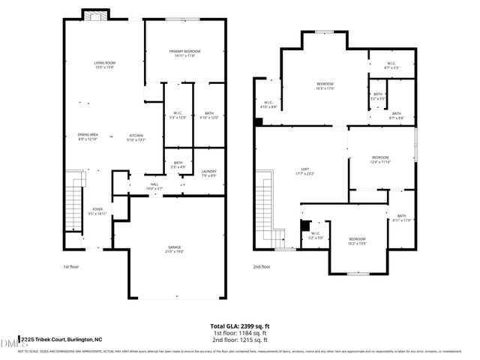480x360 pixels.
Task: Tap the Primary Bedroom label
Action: coord(184,52)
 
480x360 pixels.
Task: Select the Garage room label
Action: coord(175,249)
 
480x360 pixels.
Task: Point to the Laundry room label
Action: coord(208,173)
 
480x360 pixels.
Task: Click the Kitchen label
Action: coord(135,137)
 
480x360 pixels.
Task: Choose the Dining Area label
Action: coord(88,137)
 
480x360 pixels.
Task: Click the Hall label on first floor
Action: coord(154,185)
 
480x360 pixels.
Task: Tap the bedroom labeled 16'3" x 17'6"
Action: coord(325,85)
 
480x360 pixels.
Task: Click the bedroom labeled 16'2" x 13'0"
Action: coord(357,241)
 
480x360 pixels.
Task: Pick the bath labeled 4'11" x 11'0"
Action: coord(402,218)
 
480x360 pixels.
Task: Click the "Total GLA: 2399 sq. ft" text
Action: coord(239,326)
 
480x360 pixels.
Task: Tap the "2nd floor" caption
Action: coord(262,266)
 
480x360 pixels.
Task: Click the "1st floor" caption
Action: coord(70,266)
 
